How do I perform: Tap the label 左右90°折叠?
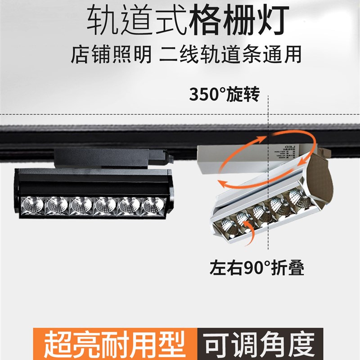[256, 269]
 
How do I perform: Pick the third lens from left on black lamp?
[81, 204]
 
